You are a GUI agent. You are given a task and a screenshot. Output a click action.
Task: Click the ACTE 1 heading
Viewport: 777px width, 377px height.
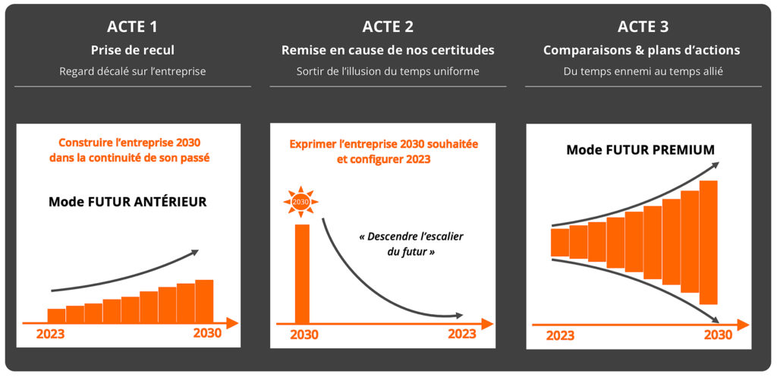click(132, 27)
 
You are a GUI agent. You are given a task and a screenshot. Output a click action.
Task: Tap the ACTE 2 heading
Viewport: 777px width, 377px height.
click(388, 27)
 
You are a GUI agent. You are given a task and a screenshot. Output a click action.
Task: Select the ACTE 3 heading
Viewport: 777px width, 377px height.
click(643, 27)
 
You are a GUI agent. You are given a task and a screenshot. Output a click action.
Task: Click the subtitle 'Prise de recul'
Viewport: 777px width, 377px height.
click(132, 51)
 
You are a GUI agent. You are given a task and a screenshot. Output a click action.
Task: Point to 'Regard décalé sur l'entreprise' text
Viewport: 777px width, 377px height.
click(132, 71)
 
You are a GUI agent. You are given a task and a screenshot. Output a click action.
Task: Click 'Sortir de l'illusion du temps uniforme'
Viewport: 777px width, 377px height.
click(388, 71)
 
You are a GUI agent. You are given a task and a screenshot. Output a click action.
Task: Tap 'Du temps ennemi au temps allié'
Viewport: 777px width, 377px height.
click(643, 71)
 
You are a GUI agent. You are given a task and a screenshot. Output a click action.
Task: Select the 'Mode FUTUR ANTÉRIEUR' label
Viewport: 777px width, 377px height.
click(127, 202)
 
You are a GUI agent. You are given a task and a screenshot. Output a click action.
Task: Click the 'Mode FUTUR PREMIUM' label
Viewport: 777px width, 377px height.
click(640, 149)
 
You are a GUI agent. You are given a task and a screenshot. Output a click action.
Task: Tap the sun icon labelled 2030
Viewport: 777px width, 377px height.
click(300, 202)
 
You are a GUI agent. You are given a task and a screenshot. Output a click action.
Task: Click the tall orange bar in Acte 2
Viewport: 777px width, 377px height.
click(302, 274)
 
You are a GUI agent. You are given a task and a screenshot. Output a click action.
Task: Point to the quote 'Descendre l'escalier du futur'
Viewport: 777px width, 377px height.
click(411, 243)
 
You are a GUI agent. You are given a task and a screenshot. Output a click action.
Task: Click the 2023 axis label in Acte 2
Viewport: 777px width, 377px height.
click(462, 334)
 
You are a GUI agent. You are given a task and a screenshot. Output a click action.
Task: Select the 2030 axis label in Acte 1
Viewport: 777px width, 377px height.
click(208, 334)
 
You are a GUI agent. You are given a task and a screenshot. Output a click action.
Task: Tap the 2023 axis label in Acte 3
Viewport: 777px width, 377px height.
click(561, 336)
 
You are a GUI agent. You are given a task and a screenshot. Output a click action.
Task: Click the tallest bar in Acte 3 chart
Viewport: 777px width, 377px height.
click(709, 242)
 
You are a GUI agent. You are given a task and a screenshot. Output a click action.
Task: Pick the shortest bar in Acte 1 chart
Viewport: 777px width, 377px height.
click(56, 316)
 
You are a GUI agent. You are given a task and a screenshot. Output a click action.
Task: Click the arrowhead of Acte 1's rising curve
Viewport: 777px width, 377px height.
click(195, 253)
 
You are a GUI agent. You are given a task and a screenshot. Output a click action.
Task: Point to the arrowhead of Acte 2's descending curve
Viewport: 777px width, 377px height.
click(459, 316)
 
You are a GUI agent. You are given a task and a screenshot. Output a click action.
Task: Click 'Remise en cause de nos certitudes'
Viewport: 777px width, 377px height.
click(388, 51)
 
